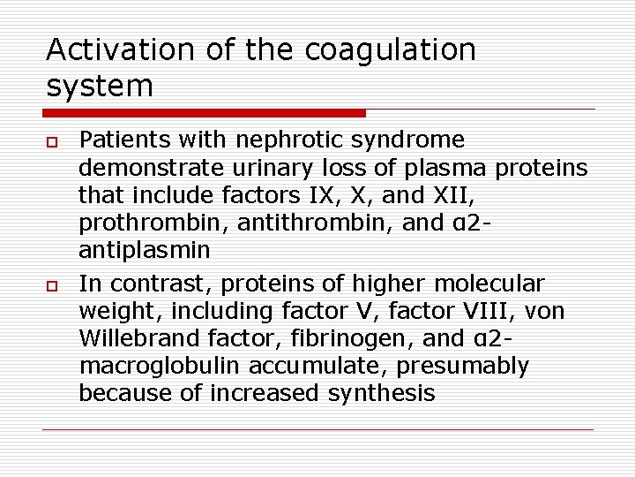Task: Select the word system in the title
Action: tap(99, 86)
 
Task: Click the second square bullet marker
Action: tap(51, 285)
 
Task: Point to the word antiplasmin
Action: tap(145, 249)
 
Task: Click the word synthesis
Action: tap(381, 393)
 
